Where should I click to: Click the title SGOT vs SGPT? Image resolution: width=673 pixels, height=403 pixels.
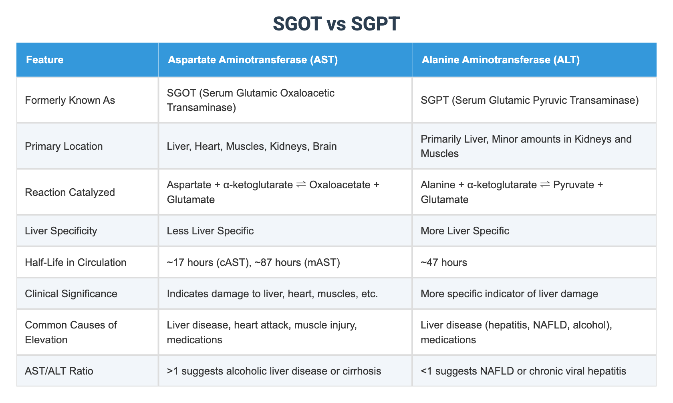tap(336, 24)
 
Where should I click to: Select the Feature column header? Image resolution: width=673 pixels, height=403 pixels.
tap(44, 60)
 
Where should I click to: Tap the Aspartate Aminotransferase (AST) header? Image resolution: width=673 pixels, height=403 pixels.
tap(253, 60)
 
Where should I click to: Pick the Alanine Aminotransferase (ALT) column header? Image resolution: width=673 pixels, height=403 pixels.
tap(500, 60)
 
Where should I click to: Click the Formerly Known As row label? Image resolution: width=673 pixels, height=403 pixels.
tap(70, 100)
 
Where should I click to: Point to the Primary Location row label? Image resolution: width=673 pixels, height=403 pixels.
tap(64, 146)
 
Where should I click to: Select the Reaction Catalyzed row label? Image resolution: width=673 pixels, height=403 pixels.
tap(70, 192)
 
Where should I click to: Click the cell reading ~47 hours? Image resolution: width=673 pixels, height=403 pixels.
tap(443, 262)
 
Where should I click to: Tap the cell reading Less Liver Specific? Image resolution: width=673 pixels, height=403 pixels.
tap(210, 231)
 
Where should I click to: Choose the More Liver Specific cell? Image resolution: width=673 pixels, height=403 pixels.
tap(465, 231)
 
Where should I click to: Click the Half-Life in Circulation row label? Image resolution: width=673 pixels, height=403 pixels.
tap(75, 262)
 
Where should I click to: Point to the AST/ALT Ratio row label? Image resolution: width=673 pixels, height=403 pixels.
tap(59, 371)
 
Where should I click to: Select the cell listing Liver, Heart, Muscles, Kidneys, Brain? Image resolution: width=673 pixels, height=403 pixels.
tap(252, 146)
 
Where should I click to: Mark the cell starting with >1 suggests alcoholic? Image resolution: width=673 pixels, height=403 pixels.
tap(274, 371)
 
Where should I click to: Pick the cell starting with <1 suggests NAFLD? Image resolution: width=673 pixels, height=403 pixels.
tap(523, 371)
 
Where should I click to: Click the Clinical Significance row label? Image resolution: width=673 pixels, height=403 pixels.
tap(71, 294)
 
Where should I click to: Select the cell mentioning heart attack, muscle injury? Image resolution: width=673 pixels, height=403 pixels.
tap(261, 332)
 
